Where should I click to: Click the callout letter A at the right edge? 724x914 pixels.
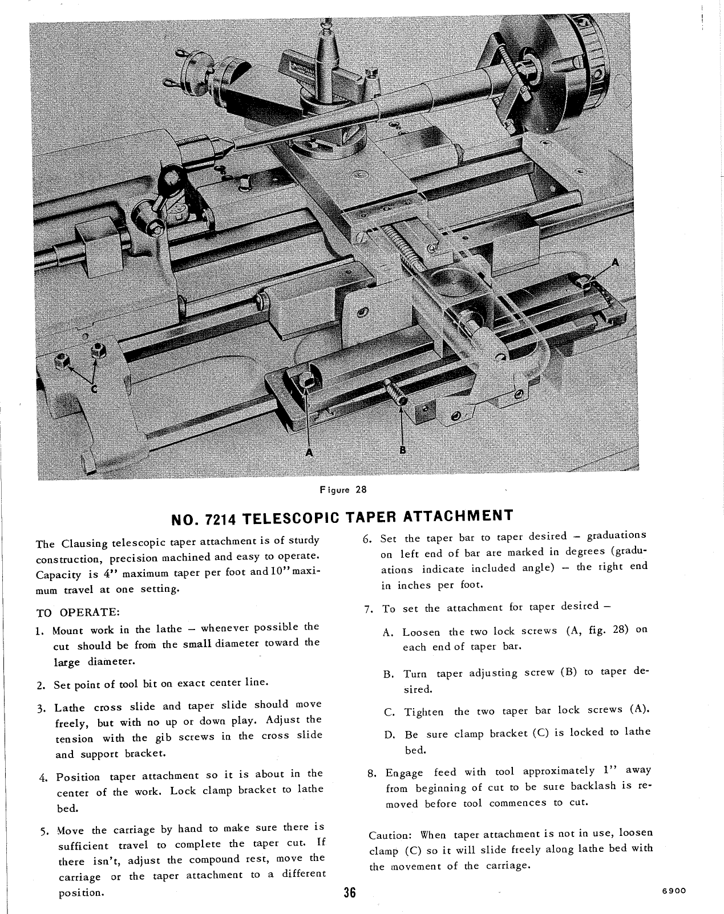point(614,262)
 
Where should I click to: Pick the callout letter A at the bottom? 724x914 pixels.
point(309,452)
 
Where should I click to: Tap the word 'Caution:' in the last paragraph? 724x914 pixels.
point(391,835)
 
